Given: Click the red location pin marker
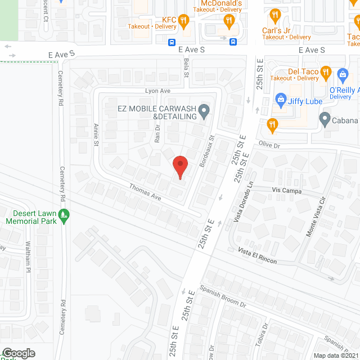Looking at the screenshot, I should point(179,166).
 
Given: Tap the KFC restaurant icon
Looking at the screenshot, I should point(183,21).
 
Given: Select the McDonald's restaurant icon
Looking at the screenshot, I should point(228,21).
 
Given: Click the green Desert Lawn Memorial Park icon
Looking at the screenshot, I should point(64,214).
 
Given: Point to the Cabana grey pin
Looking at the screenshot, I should point(324,119).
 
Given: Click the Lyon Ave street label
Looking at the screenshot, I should point(157,91).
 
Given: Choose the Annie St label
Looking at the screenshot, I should point(96,134).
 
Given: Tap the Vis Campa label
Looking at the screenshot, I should point(287,191).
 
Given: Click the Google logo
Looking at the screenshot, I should point(18,353).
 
